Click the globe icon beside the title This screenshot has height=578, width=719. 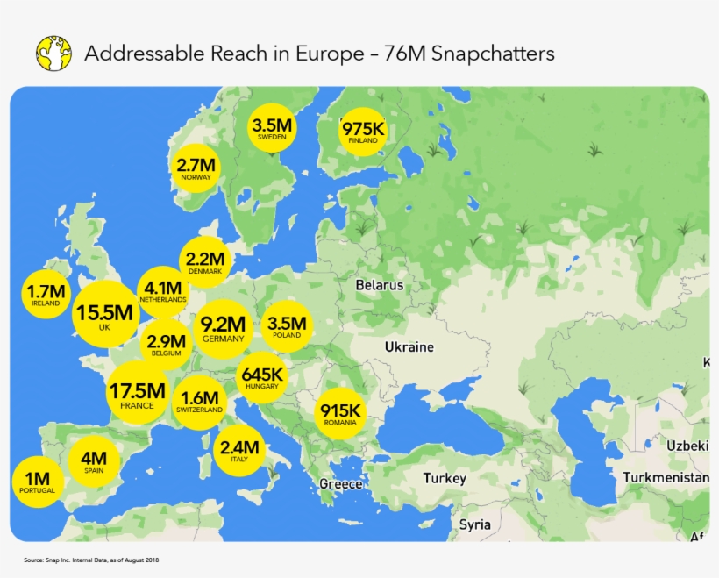coord(53,54)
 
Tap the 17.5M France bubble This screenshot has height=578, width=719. coord(138,392)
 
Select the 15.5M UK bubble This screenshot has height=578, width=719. coord(105,314)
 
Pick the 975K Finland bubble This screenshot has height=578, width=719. coord(362,132)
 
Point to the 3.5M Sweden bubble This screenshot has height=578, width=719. coord(272,128)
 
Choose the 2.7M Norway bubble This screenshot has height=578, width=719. coord(196,168)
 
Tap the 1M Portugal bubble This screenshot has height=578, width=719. coord(37,482)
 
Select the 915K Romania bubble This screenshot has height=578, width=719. coord(339,413)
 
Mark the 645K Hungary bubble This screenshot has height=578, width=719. coord(262,377)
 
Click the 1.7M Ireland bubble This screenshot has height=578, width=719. coord(46,295)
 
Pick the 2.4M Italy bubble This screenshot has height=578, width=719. coord(238,450)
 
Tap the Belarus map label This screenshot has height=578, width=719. coord(379,285)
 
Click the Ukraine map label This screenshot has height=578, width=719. coord(409,346)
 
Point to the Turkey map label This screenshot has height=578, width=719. coord(445,479)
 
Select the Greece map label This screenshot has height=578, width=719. coord(340,484)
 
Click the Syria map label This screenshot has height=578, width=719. coord(474,524)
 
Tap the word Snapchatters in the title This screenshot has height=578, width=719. coord(488,54)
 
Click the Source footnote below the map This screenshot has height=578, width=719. coord(91,560)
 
